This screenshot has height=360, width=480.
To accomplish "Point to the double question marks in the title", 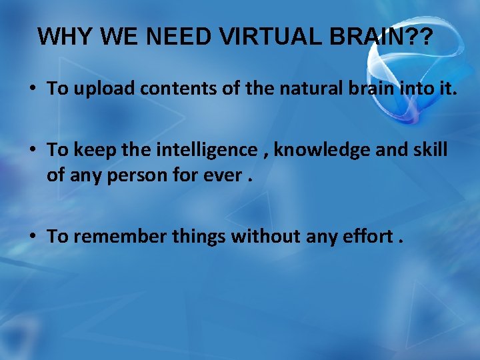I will click(x=416, y=37).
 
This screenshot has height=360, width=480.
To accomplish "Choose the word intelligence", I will click(x=206, y=150).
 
